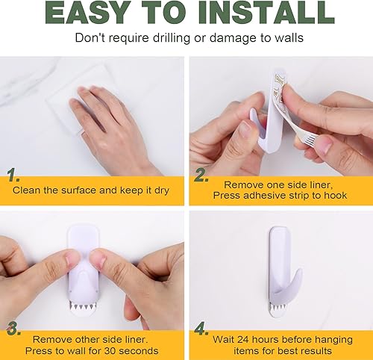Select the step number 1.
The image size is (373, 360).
tap(13, 177)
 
